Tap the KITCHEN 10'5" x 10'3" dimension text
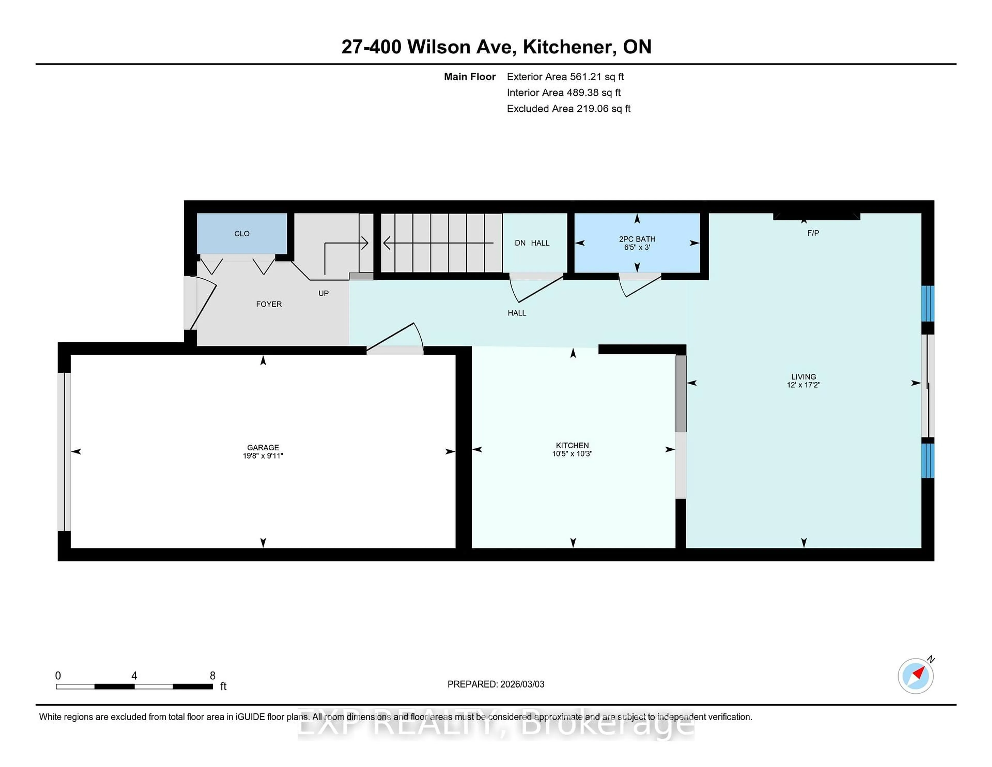point(572,454)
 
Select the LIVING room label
point(803,377)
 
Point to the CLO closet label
point(242,234)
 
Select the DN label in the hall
point(520,243)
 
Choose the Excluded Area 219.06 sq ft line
point(568,109)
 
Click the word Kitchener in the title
point(570,47)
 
